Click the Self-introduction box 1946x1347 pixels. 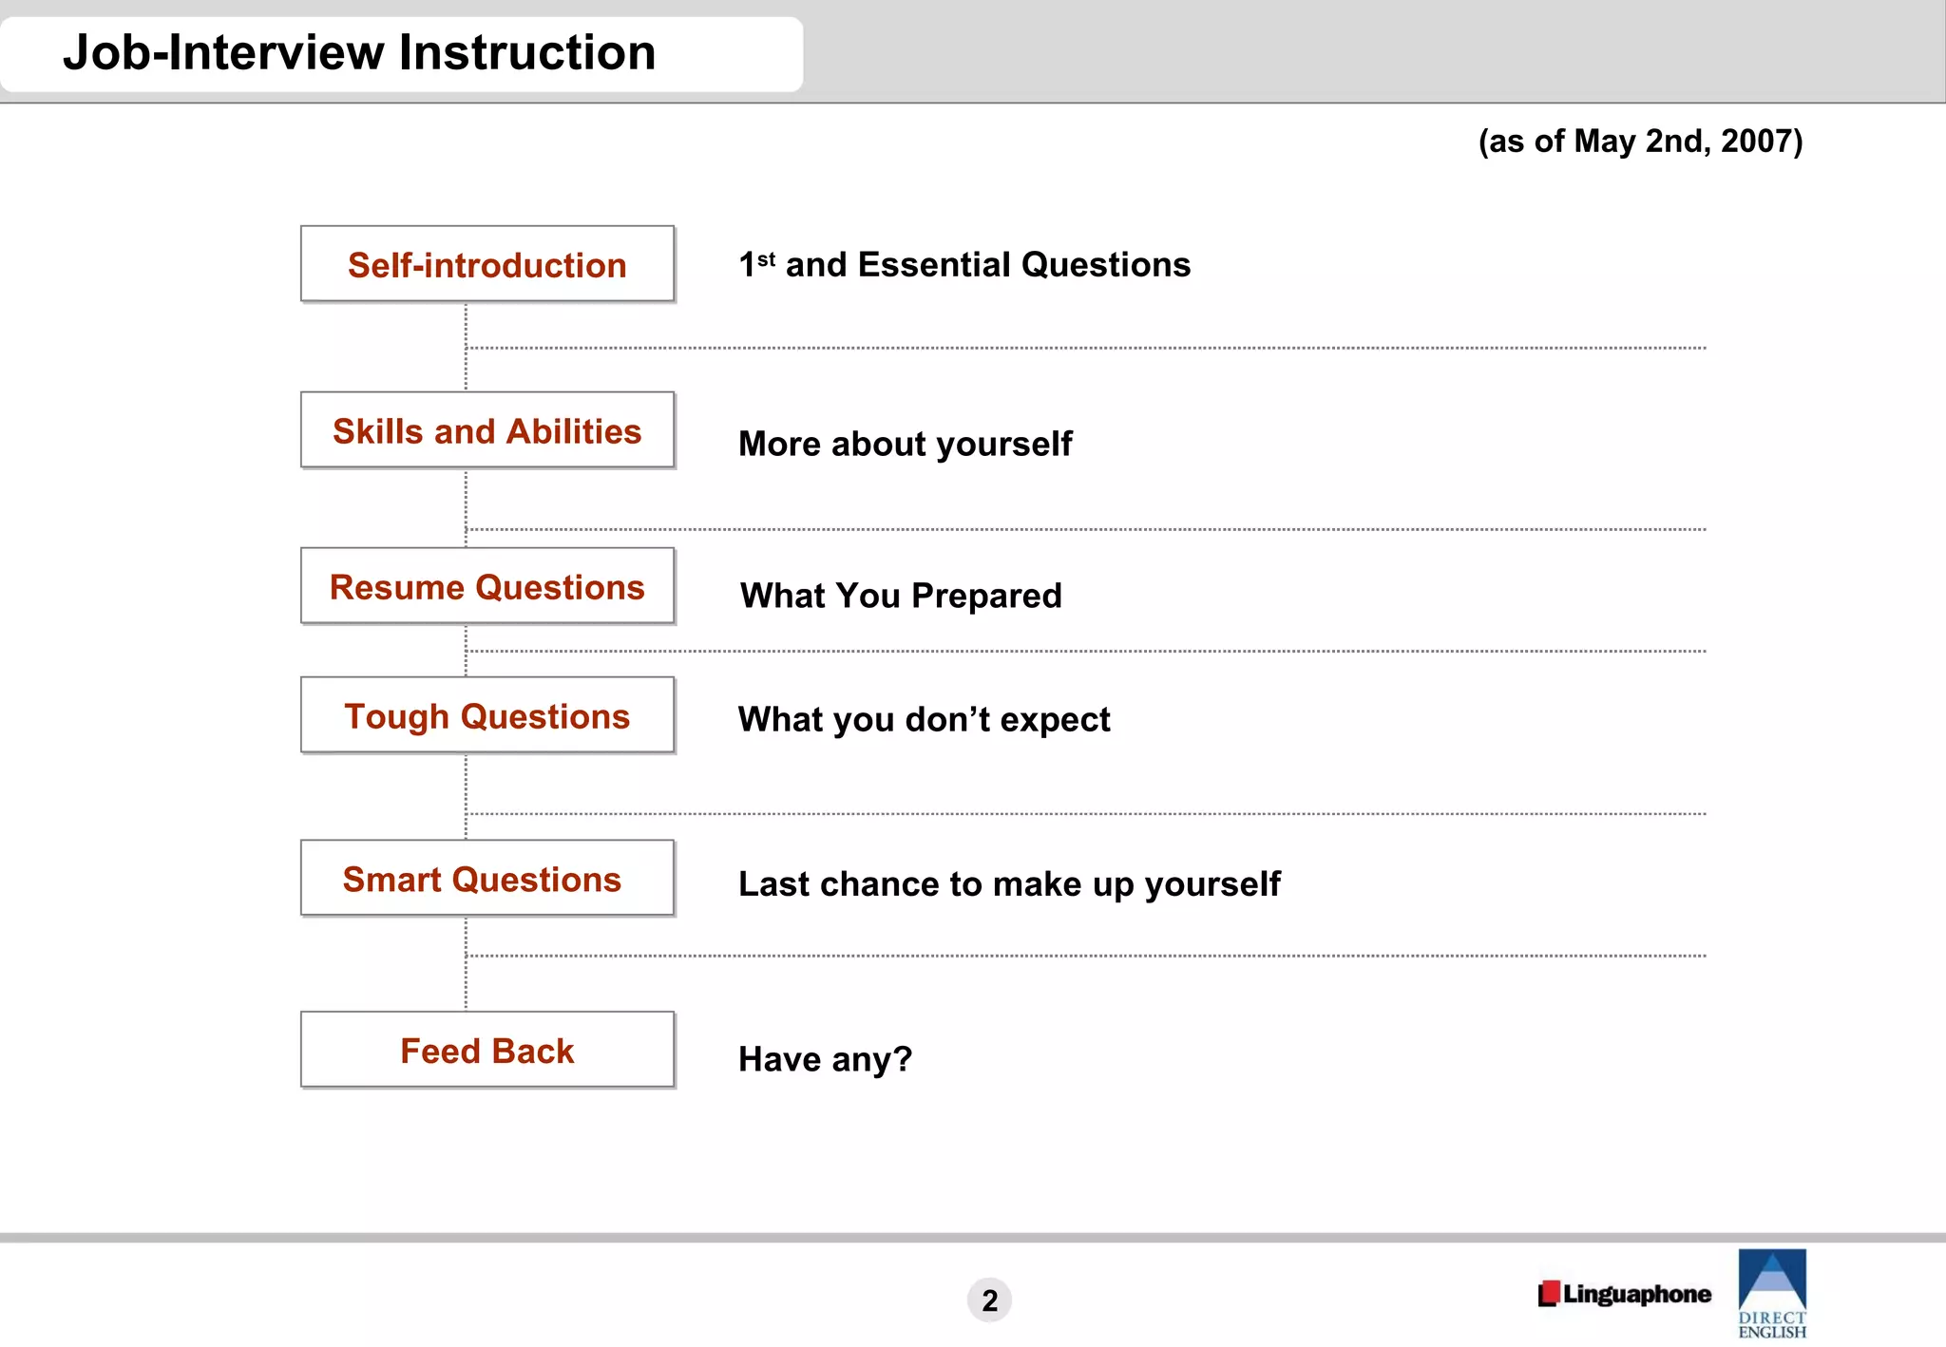coord(486,264)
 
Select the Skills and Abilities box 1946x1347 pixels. coord(486,430)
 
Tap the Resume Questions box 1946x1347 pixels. coord(486,586)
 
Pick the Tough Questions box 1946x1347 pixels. coord(486,715)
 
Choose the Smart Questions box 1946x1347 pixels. coord(486,879)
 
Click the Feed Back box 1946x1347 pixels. coord(486,1050)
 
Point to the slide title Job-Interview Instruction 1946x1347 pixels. coord(359,52)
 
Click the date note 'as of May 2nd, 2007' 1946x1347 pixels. coord(1640,141)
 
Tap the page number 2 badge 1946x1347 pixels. coord(989,1300)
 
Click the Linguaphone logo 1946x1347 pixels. coord(1625,1294)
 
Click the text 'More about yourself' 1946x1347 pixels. coord(905,444)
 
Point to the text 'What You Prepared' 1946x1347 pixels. coord(901,596)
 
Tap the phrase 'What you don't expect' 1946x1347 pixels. coord(924,719)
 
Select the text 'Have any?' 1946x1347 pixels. coord(825,1058)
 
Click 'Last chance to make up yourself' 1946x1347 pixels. coord(1009,883)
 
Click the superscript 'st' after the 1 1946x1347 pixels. coord(766,258)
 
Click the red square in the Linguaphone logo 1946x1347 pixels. coord(1549,1293)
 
